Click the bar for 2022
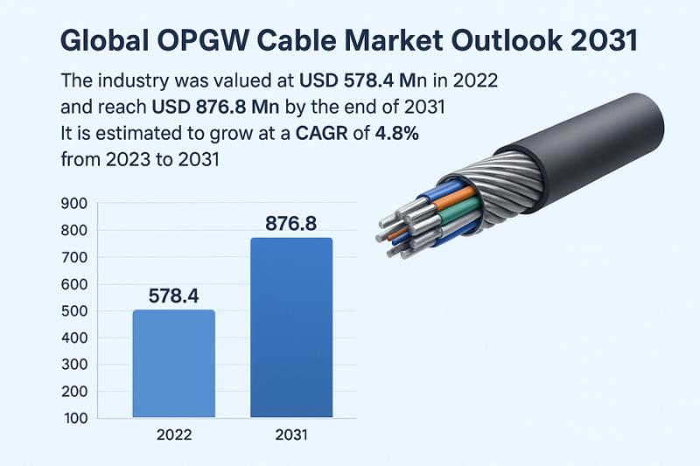click(x=173, y=363)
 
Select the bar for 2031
click(x=291, y=327)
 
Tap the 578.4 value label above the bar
click(x=173, y=295)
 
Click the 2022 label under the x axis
click(x=173, y=435)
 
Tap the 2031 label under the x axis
click(x=291, y=435)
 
